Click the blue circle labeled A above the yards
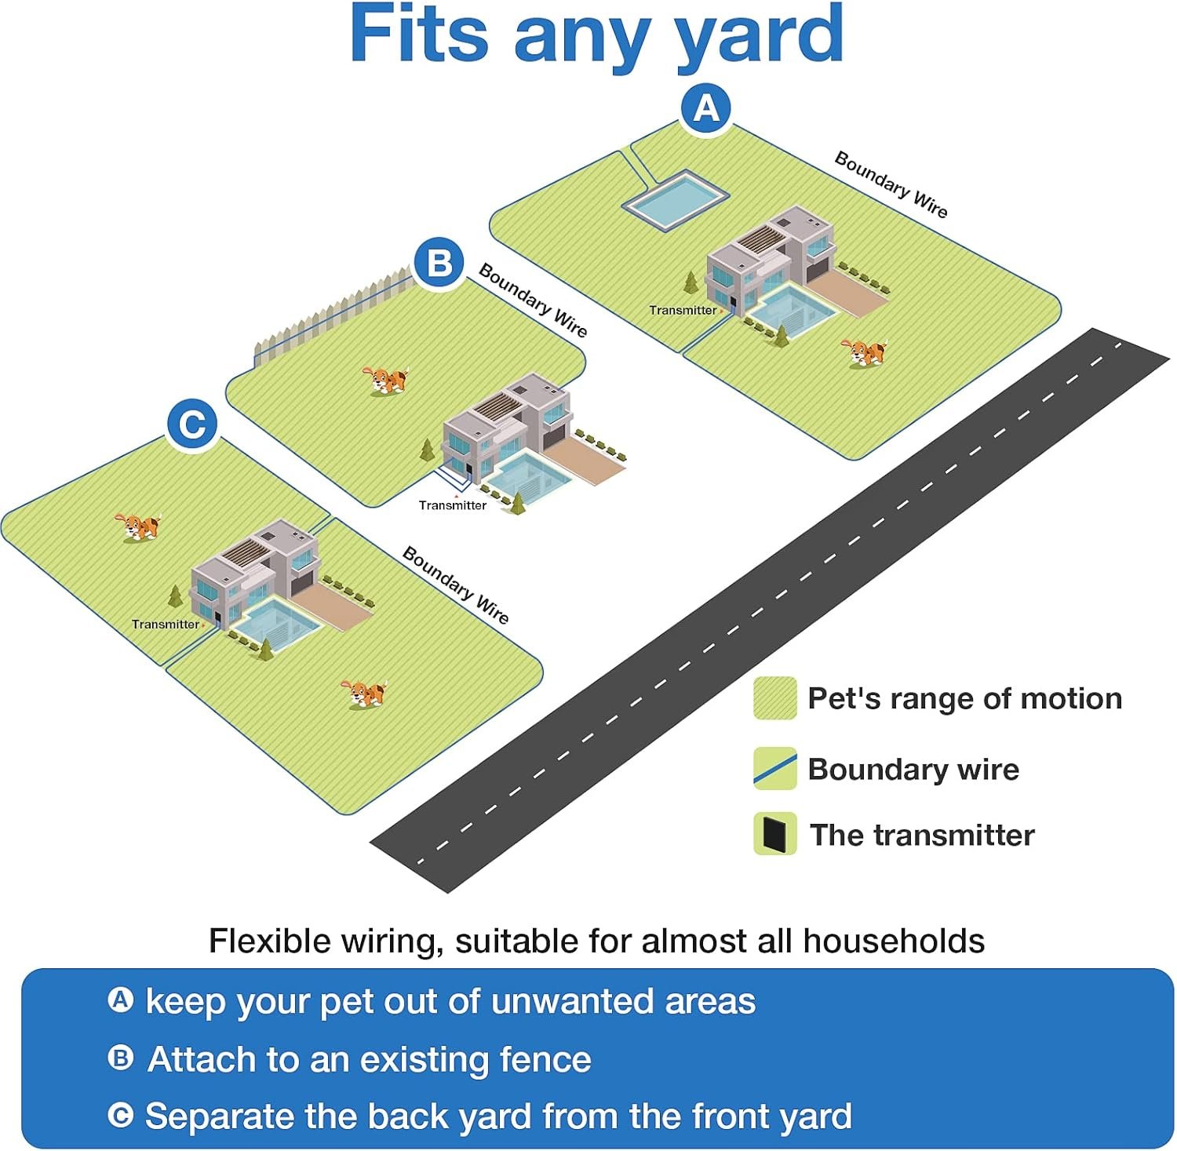[706, 108]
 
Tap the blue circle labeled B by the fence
[439, 262]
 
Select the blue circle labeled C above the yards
[192, 424]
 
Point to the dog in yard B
[385, 381]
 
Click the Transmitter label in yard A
[683, 310]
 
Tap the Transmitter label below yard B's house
[453, 505]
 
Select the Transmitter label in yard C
[166, 625]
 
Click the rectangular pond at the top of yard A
[676, 200]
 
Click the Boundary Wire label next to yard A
[891, 184]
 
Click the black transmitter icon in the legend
[774, 834]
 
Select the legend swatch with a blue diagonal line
[774, 768]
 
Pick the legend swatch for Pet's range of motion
[774, 698]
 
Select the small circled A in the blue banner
[120, 1000]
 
